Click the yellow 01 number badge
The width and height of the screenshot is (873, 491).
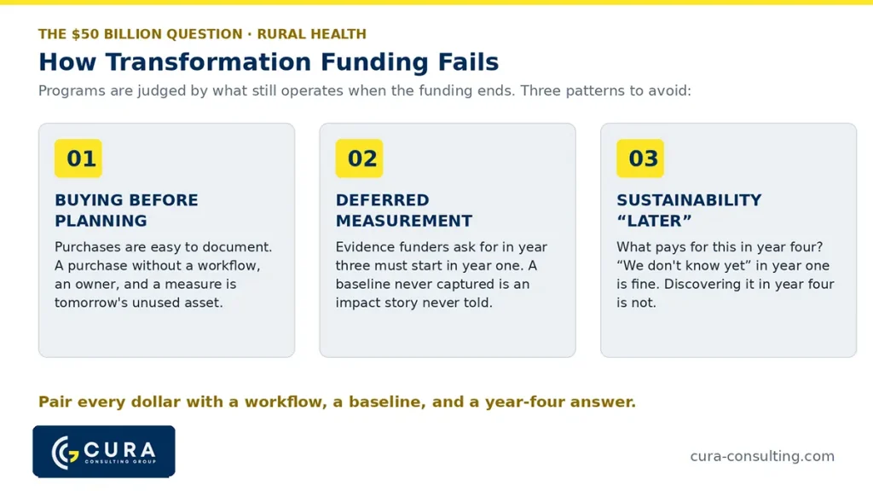click(78, 159)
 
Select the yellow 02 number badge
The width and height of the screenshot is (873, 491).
click(359, 159)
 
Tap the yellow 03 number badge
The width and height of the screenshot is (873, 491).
click(640, 159)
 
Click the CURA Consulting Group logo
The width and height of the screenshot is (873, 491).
click(104, 452)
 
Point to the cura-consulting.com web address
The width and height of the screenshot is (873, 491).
click(762, 457)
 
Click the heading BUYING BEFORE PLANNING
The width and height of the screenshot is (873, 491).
click(126, 211)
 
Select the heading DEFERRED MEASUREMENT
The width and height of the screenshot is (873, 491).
click(403, 211)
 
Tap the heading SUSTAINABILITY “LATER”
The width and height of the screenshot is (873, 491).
click(689, 211)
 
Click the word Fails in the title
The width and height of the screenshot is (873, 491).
click(468, 61)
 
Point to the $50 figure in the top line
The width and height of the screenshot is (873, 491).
click(85, 34)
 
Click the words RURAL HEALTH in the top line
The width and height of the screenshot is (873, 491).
click(312, 34)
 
